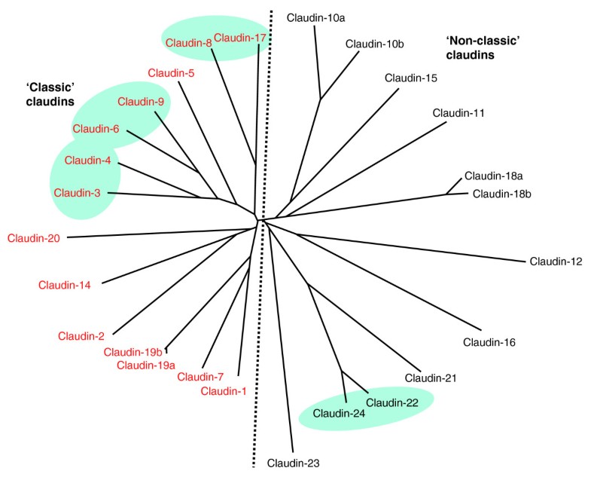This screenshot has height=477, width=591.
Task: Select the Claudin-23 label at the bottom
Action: pos(294,463)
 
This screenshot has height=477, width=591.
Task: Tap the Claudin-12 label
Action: pos(556,261)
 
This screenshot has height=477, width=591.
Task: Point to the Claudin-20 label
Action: pos(34,238)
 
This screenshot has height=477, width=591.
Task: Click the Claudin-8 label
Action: pos(188,43)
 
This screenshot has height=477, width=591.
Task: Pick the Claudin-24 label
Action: pos(339,413)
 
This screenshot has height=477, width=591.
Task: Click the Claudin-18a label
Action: pos(493,176)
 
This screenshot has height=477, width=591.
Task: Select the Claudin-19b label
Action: pos(133,352)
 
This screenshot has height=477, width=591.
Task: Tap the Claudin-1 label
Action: pos(224,390)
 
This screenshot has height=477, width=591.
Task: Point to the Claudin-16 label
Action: pos(489,342)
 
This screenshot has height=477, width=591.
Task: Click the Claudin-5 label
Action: pos(171,73)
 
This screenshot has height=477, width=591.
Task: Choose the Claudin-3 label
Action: pos(77,193)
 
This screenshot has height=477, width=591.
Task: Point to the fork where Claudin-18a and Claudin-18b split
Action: pos(446,193)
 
